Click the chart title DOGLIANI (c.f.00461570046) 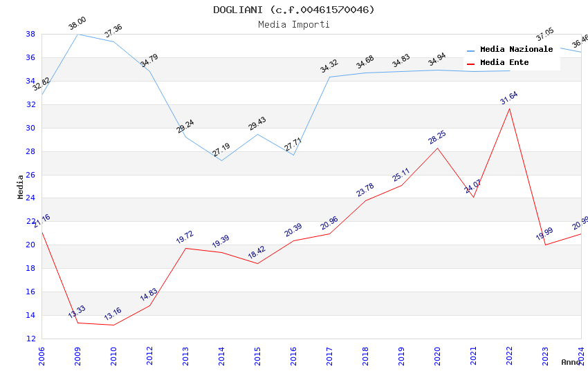click(293, 10)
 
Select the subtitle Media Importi click(293, 24)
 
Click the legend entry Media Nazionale click(516, 50)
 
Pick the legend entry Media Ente click(504, 63)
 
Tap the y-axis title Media click(20, 187)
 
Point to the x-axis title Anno click(571, 362)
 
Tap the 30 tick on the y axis click(30, 128)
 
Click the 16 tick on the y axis click(30, 292)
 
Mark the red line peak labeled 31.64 click(509, 108)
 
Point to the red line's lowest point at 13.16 click(113, 325)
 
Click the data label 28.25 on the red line click(437, 137)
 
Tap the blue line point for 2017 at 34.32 click(329, 77)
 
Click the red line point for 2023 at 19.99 click(545, 245)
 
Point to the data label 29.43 click(257, 124)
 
